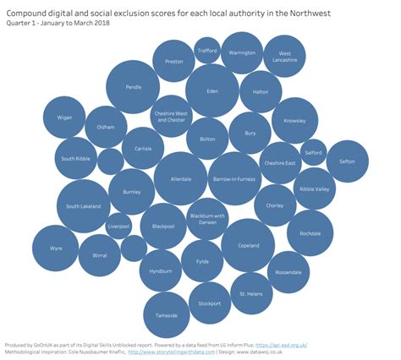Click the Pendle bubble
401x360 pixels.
(x=133, y=86)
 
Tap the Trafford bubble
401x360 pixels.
(x=207, y=51)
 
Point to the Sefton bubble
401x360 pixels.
(x=347, y=161)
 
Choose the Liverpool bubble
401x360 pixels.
(x=119, y=226)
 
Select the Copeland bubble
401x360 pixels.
(x=248, y=245)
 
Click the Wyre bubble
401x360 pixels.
(x=57, y=249)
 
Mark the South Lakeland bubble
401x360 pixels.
(x=84, y=206)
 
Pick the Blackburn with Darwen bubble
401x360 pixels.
(x=207, y=219)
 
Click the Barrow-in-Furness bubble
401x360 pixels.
(x=233, y=179)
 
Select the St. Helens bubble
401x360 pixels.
(x=251, y=294)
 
